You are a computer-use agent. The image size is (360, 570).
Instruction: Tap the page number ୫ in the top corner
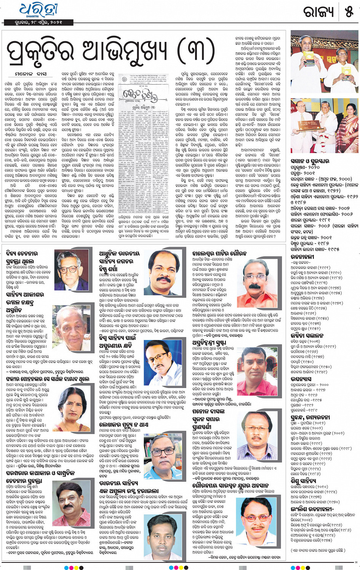tap(349, 12)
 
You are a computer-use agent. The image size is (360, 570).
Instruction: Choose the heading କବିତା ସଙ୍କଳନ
tap(307, 335)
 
